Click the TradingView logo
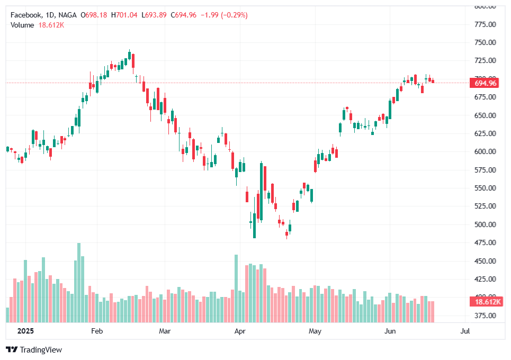point(34,350)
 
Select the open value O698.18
point(94,15)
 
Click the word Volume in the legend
point(22,25)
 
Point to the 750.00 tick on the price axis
point(485,42)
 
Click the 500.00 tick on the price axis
point(485,224)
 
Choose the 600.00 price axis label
point(485,151)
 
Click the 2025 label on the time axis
point(25,331)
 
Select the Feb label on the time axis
point(97,331)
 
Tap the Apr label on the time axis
point(240,331)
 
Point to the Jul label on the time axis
point(465,331)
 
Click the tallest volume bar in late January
point(79,283)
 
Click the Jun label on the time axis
point(390,331)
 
